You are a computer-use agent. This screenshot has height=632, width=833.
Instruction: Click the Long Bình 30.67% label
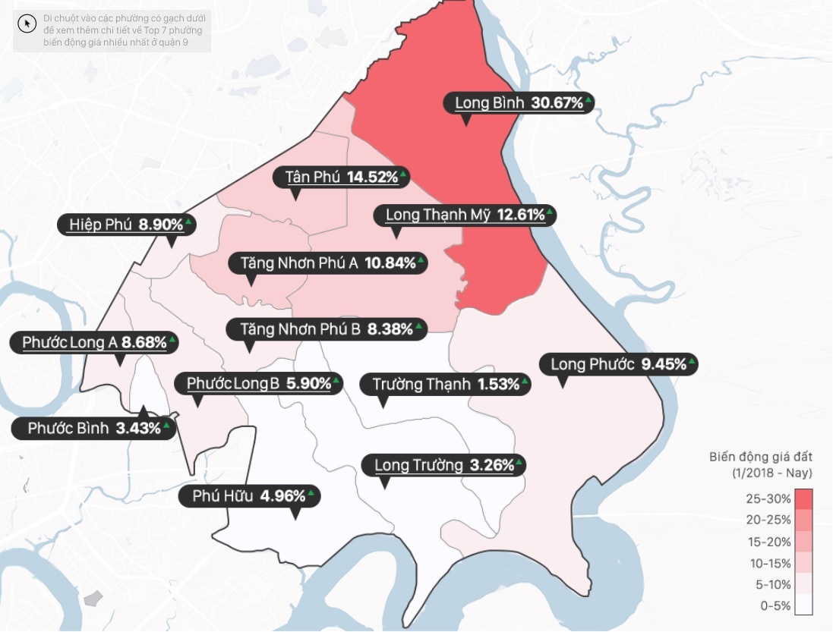(519, 103)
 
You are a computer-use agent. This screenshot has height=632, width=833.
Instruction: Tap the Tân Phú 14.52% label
(342, 178)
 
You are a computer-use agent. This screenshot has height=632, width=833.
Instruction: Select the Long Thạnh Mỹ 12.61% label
(465, 215)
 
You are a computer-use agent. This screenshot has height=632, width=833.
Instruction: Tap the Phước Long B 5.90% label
(259, 384)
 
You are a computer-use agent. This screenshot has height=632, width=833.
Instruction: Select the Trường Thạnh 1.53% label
(446, 384)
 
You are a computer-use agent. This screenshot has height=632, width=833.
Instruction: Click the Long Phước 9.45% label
(618, 364)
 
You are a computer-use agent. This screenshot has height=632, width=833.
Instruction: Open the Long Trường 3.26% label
(444, 465)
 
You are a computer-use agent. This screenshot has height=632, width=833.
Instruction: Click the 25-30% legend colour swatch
(804, 499)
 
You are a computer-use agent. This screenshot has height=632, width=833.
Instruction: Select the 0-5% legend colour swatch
(804, 605)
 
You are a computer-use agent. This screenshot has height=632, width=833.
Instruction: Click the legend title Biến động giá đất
(761, 457)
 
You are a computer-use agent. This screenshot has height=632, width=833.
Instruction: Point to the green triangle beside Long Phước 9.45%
(693, 360)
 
